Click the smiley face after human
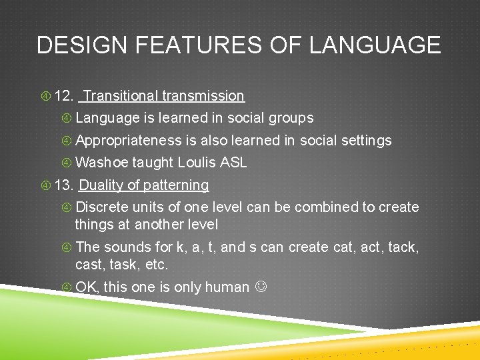261,288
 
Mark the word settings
366,141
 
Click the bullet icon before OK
67,288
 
